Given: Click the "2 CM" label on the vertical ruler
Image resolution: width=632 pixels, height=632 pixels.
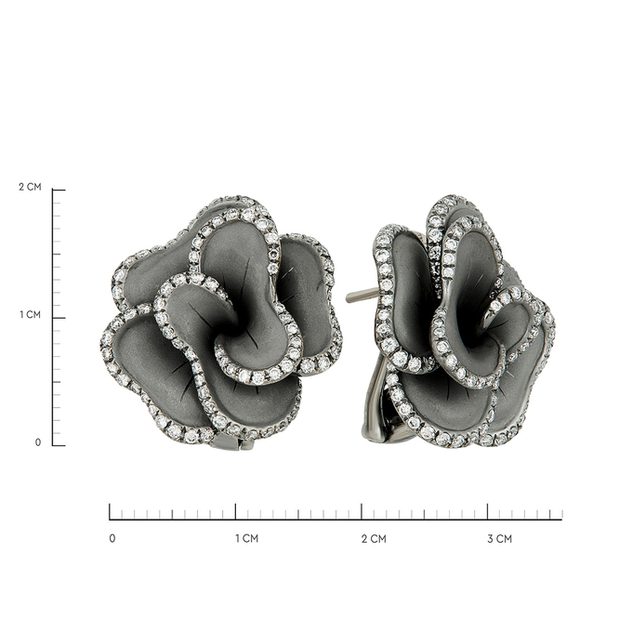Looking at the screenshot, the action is [30, 187].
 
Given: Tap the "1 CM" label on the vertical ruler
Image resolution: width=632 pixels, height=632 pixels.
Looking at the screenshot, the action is [31, 314].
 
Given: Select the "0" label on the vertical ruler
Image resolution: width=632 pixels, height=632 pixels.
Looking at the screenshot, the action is [38, 442].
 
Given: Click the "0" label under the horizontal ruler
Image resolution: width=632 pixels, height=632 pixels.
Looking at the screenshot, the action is [112, 538].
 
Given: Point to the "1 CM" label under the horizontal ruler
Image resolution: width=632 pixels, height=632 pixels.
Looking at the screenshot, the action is [246, 538].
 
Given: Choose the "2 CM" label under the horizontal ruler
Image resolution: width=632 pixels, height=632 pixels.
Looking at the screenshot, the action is [374, 538].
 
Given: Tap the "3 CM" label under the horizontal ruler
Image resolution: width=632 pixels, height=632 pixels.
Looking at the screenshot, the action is [499, 538].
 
